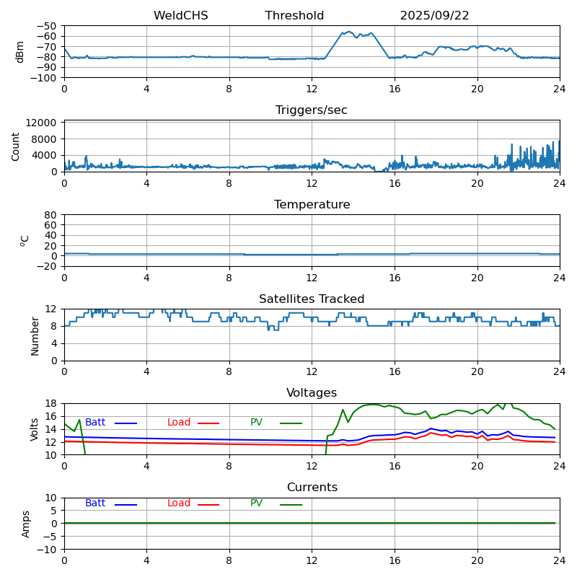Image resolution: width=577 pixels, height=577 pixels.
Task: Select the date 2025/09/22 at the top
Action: click(434, 16)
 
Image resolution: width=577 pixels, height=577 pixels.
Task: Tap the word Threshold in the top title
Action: click(294, 16)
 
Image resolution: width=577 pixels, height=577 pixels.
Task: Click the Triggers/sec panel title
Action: click(312, 110)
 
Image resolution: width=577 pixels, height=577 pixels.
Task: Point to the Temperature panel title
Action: click(312, 205)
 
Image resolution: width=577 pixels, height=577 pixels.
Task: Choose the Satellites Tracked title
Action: click(312, 299)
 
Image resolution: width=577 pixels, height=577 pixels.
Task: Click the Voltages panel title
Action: click(312, 393)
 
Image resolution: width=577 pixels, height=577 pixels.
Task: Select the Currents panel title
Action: click(312, 488)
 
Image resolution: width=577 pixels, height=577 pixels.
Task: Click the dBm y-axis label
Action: click(20, 51)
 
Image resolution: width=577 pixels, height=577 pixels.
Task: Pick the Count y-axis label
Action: click(16, 146)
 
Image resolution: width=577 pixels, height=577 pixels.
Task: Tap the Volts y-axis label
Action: click(35, 429)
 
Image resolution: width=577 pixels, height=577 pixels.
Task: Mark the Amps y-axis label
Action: click(26, 524)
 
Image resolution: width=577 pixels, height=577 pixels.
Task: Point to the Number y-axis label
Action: click(35, 335)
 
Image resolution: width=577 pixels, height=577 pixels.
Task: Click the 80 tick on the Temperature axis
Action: click(51, 215)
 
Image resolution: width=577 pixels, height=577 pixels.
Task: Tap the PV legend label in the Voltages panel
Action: click(257, 423)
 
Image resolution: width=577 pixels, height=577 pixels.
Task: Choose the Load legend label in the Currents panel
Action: click(179, 503)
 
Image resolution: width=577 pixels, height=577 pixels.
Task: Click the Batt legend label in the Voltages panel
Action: click(95, 423)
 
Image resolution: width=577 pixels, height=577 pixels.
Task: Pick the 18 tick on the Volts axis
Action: click(51, 403)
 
